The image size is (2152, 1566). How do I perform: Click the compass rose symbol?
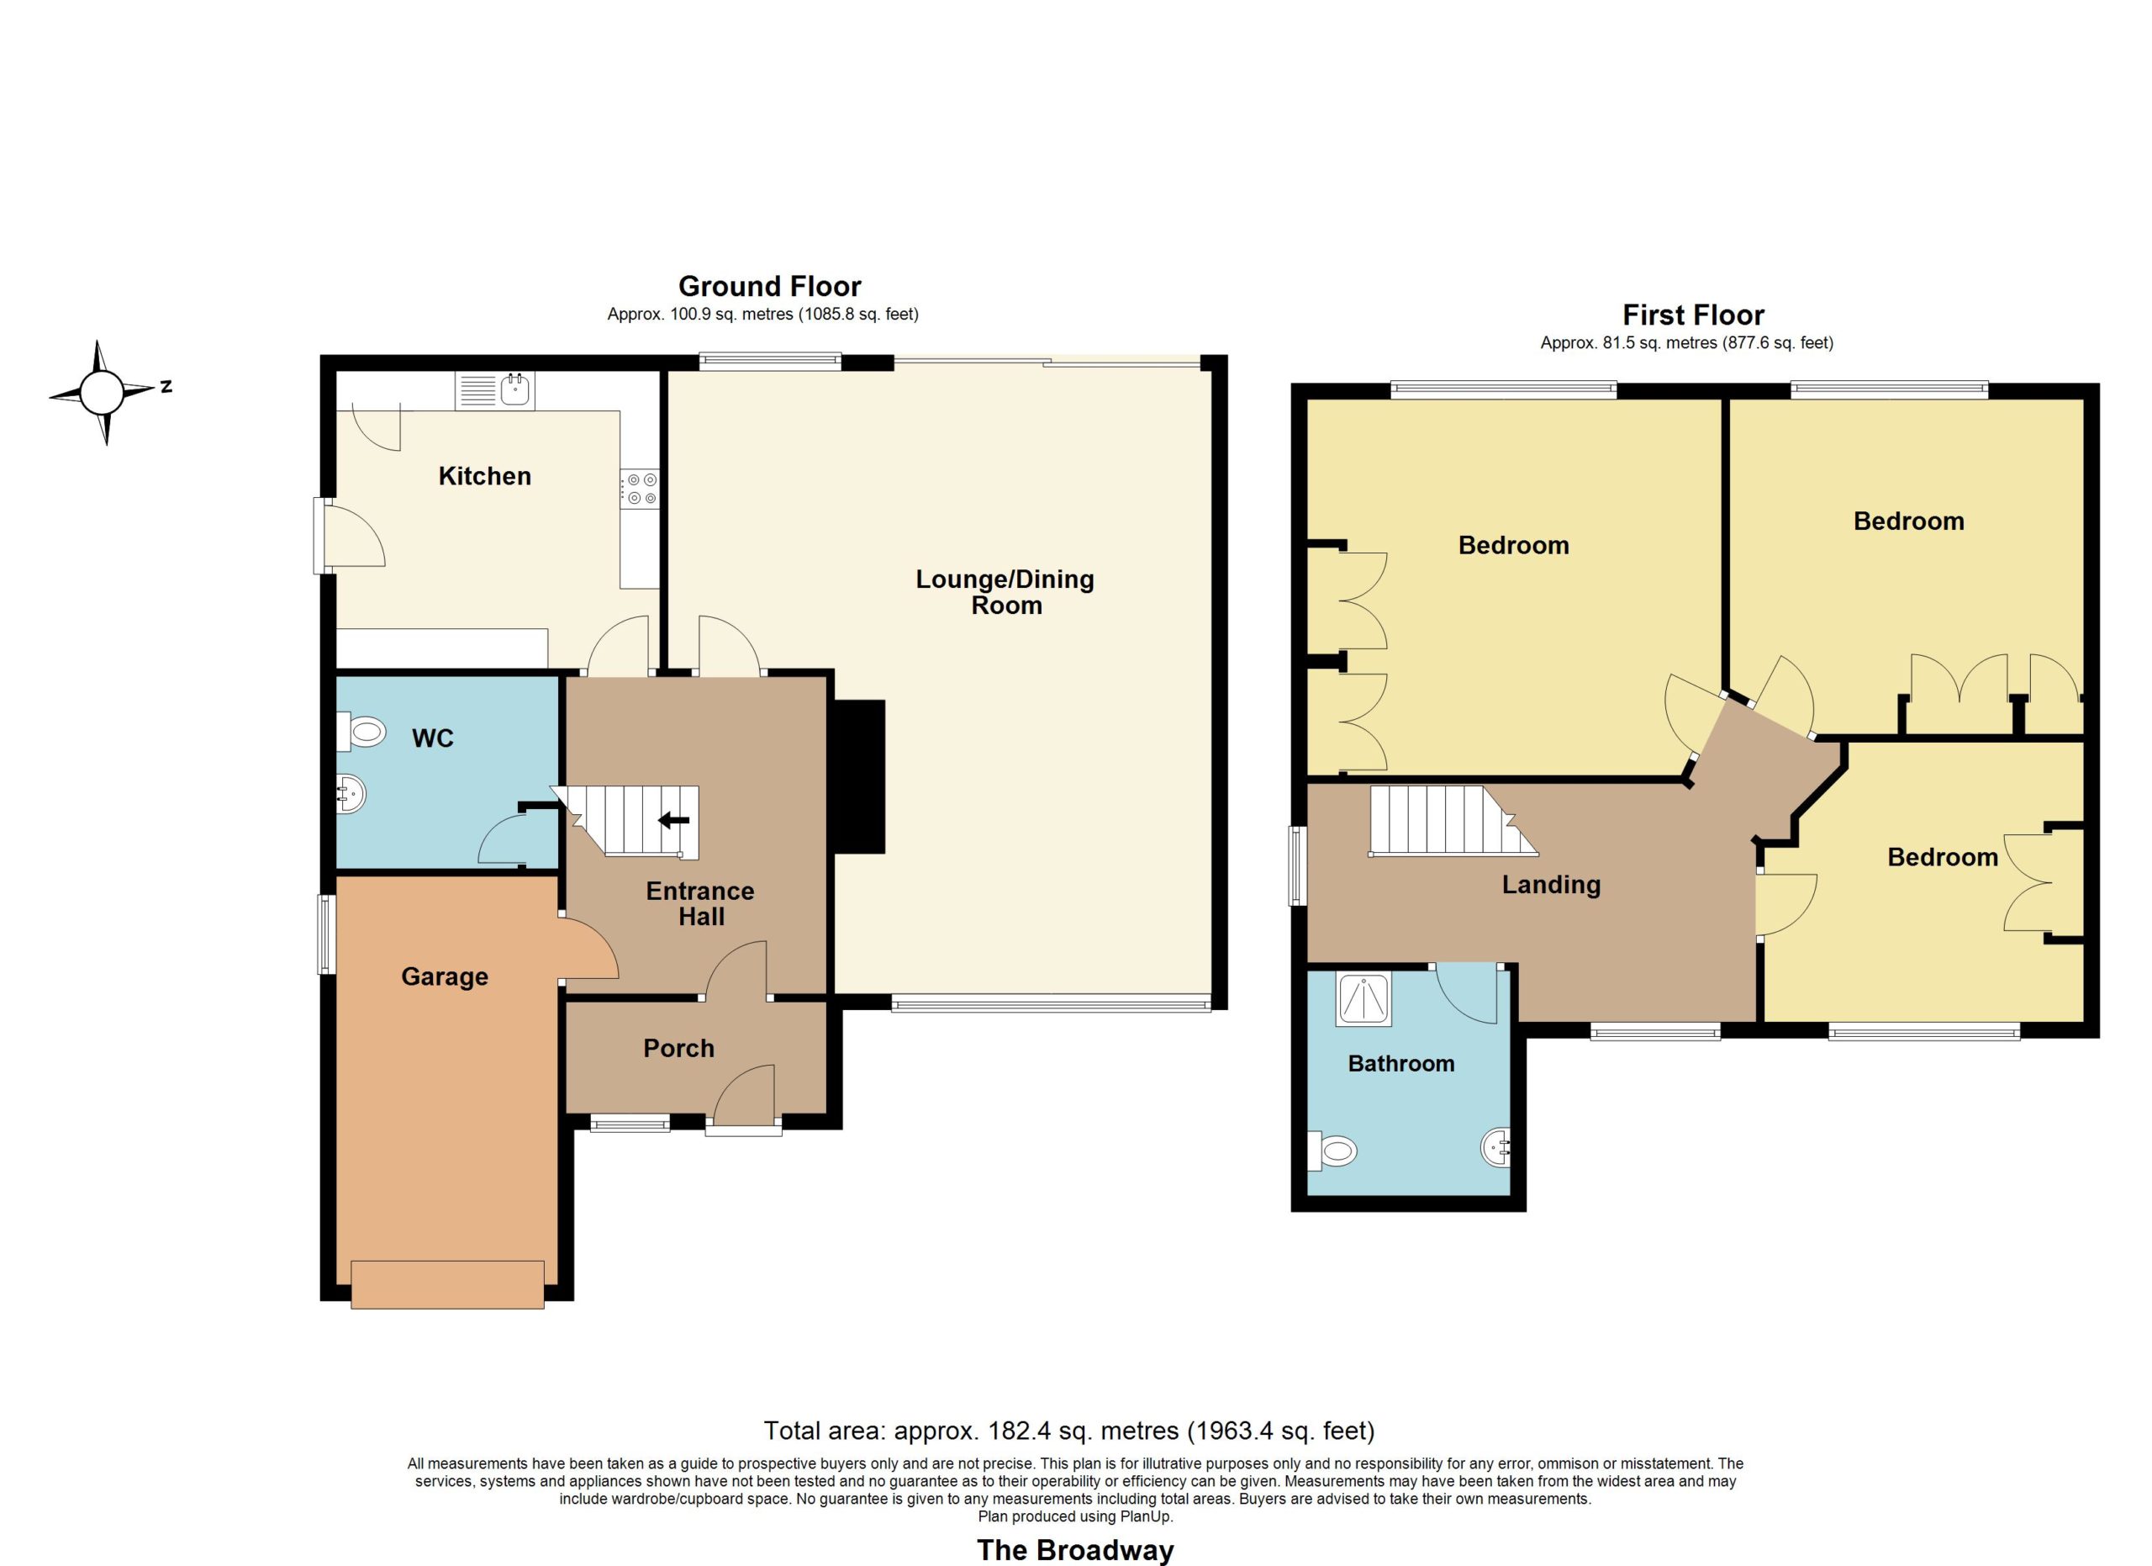(102, 392)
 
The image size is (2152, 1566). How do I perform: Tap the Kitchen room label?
(484, 476)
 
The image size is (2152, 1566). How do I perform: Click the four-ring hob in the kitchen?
(641, 489)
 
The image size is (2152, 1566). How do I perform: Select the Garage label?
(444, 976)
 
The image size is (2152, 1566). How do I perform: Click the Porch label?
(678, 1048)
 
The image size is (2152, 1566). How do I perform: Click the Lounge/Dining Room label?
(1005, 592)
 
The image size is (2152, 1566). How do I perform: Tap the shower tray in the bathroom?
(1363, 998)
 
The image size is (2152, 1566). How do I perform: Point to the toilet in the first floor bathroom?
(1332, 1152)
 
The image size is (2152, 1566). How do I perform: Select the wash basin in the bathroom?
(1495, 1148)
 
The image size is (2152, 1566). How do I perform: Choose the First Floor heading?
(1693, 315)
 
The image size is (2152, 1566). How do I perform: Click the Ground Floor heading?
(769, 287)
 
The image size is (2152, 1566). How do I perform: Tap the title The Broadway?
(1075, 1550)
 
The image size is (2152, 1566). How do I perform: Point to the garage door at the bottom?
(447, 1284)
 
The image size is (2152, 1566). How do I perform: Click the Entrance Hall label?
(700, 903)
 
